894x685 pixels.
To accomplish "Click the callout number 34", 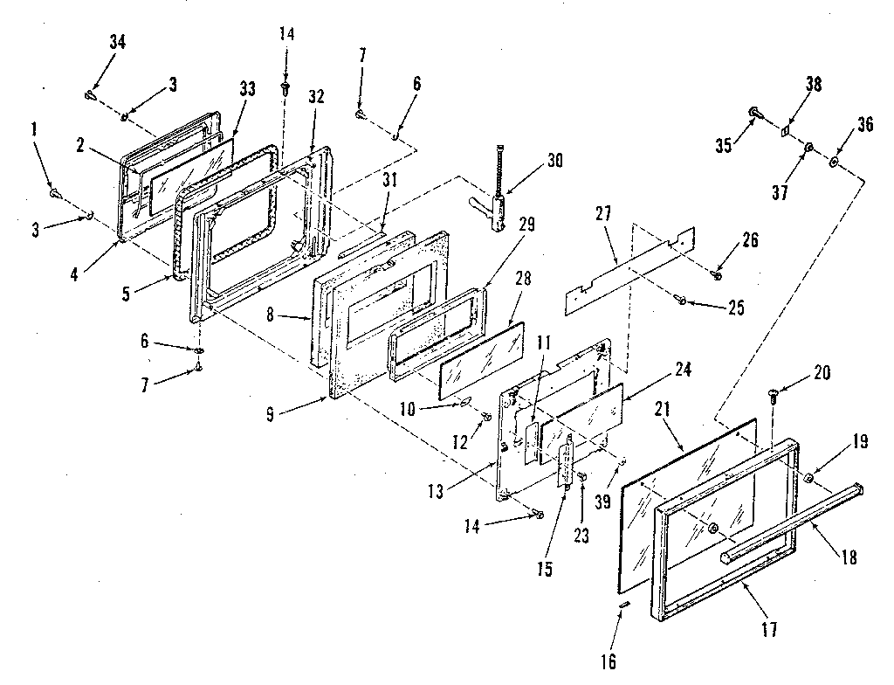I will pyautogui.click(x=116, y=42).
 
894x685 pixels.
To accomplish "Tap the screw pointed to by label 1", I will pyautogui.click(x=54, y=191).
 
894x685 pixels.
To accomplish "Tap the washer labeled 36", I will pyautogui.click(x=835, y=162).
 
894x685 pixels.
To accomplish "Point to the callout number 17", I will pyautogui.click(x=768, y=627).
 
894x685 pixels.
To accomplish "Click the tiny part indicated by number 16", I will pyautogui.click(x=624, y=605).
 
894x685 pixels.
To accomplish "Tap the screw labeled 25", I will pyautogui.click(x=682, y=301).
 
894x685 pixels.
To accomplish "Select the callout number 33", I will pyautogui.click(x=247, y=88).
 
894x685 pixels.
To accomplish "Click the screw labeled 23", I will pyautogui.click(x=581, y=477).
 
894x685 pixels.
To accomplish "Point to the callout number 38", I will pyautogui.click(x=814, y=85).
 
